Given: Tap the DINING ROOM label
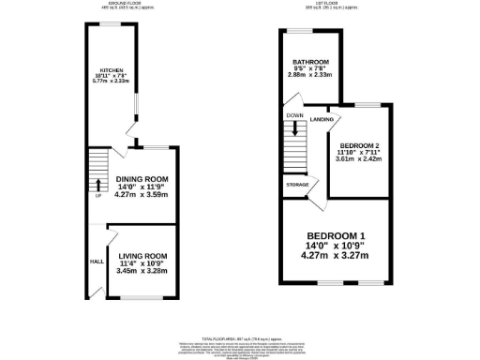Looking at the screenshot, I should pyautogui.click(x=142, y=178).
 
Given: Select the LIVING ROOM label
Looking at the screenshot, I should pyautogui.click(x=142, y=256).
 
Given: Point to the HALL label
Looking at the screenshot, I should pyautogui.click(x=96, y=262).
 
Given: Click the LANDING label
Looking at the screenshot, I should pyautogui.click(x=323, y=119).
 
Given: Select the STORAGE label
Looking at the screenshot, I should pyautogui.click(x=299, y=185).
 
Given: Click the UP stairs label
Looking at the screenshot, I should pyautogui.click(x=97, y=196).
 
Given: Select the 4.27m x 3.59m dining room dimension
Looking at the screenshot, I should pyautogui.click(x=142, y=195).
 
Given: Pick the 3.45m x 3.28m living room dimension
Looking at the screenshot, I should pyautogui.click(x=142, y=271).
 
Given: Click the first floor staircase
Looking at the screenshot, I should pyautogui.click(x=297, y=145).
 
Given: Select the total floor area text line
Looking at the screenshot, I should pyautogui.click(x=240, y=337).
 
